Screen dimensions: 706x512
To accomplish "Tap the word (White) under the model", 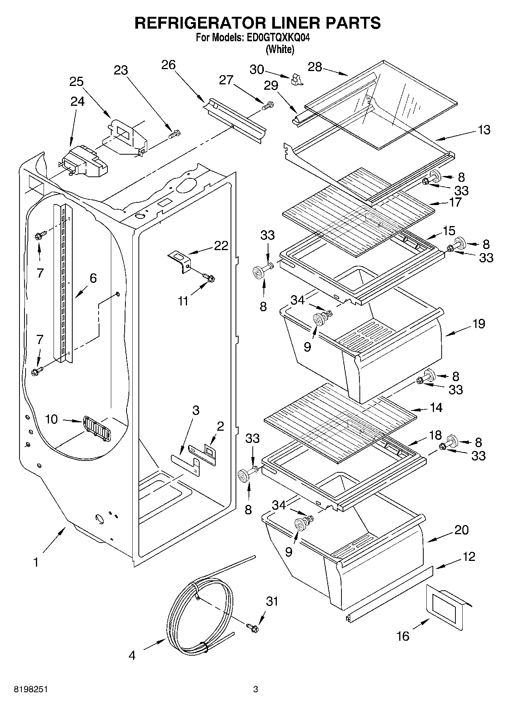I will (280, 49).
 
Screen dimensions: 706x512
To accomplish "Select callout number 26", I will (168, 65).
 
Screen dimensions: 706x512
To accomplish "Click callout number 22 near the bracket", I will (221, 245).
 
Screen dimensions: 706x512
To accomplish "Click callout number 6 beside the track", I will (93, 278).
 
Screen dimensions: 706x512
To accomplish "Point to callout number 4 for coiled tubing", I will (132, 655).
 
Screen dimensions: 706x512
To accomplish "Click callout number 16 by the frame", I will (402, 636).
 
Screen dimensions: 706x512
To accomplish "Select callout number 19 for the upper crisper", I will (479, 323).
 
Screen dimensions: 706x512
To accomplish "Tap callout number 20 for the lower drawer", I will (462, 530).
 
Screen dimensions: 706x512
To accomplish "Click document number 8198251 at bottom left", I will (31, 689).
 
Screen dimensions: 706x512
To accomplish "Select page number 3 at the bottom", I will (255, 689).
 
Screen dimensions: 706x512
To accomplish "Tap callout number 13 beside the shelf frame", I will (484, 129).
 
